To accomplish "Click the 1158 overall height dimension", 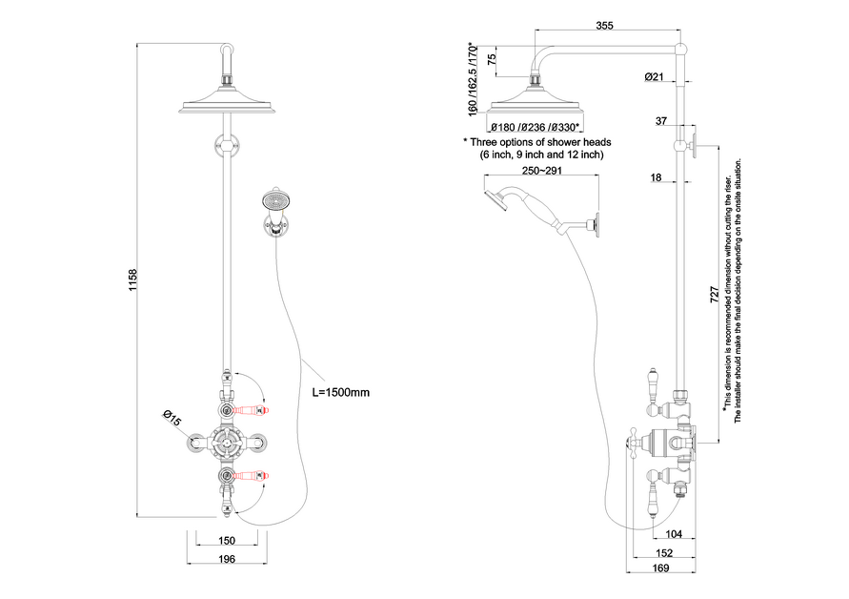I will pos(132,280).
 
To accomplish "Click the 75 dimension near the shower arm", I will pos(492,60).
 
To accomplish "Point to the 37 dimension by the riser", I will pos(660,121).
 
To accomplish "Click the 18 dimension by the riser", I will pos(657,177).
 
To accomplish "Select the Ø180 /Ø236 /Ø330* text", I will pos(536,128).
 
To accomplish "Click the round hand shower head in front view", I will pos(273,202).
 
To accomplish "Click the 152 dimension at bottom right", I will pos(664,552).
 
